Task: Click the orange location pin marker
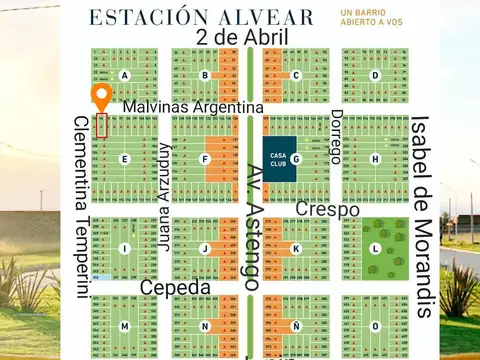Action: [101, 97]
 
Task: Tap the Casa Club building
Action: [278, 159]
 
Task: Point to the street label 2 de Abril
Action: [243, 37]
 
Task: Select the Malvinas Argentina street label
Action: [193, 106]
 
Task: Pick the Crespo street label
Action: [327, 210]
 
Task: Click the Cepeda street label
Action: [175, 288]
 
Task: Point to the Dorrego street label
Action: [336, 138]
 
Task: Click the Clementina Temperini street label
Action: [81, 204]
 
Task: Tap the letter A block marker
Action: [125, 75]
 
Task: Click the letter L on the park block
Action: [375, 248]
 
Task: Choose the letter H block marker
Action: [375, 159]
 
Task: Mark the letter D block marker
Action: [375, 75]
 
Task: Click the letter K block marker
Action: [296, 248]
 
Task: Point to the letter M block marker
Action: [125, 326]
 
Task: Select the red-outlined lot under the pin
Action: [101, 126]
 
